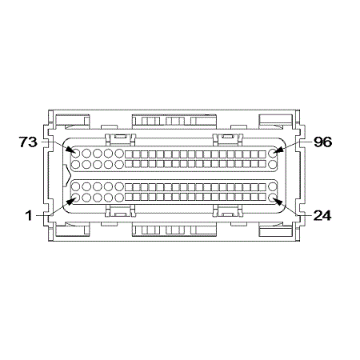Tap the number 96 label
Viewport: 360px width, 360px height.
322,142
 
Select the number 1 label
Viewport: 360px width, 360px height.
30,215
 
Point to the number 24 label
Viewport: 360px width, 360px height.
322,215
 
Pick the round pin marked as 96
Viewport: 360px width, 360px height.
274,152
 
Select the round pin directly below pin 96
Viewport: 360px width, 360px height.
274,164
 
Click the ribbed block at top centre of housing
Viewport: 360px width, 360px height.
174,121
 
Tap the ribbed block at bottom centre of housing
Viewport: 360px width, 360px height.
174,230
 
